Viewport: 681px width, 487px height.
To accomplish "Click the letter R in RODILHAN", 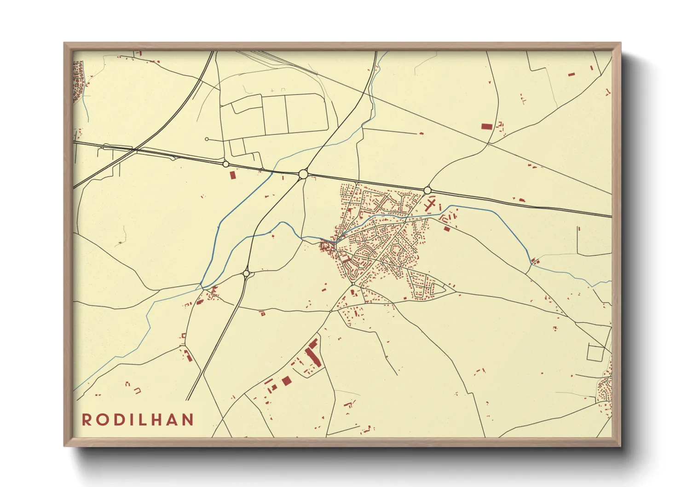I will click(87, 420).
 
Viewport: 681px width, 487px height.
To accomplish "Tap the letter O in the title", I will click(101, 420).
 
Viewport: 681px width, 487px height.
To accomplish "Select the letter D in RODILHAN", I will click(116, 420).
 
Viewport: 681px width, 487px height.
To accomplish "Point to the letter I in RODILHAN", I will click(128, 420).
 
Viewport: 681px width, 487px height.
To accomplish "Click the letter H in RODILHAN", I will click(154, 420).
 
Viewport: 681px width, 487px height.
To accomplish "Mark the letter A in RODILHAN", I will click(170, 420).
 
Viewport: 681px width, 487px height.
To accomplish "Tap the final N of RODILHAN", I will click(187, 420).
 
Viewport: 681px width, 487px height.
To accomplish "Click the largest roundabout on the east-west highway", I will click(303, 174).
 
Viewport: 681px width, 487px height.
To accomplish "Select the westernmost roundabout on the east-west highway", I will click(225, 164).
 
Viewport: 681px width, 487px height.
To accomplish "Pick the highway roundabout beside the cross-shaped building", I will click(427, 190).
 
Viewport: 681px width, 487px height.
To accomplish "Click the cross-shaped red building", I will click(431, 204).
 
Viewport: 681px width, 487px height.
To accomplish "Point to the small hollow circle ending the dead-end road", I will click(207, 139).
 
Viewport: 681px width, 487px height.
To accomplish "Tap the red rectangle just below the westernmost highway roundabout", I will click(232, 175).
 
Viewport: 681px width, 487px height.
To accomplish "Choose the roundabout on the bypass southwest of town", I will click(246, 273).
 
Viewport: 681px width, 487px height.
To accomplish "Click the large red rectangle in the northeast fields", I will click(486, 126).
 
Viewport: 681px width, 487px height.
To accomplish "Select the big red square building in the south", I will click(287, 381).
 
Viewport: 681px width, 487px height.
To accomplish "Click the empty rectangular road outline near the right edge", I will click(595, 353).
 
